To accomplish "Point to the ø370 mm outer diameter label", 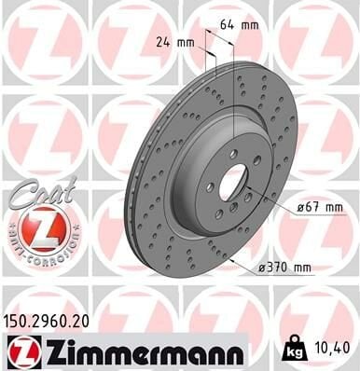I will pyautogui.click(x=284, y=267).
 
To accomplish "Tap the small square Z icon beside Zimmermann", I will pyautogui.click(x=19, y=351).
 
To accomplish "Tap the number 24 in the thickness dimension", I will pyautogui.click(x=162, y=41).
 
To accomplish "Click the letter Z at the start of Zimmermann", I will pyautogui.click(x=42, y=351).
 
